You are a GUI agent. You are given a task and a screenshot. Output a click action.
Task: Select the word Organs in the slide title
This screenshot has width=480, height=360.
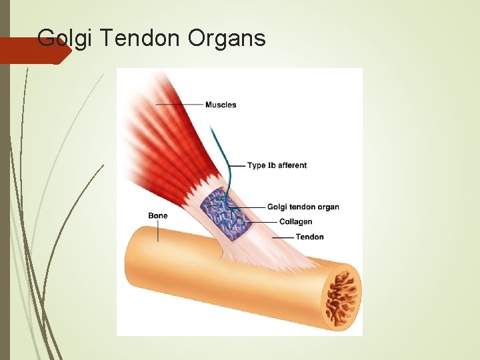pyautogui.click(x=227, y=39)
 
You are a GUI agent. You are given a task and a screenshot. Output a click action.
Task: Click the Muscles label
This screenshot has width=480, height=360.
pyautogui.click(x=221, y=105)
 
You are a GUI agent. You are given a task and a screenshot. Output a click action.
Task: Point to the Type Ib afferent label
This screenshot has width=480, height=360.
pyautogui.click(x=277, y=165)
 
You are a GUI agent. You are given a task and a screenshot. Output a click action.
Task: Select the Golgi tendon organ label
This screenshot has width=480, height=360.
pyautogui.click(x=303, y=207)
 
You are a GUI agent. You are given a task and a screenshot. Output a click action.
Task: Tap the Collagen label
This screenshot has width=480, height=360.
pyautogui.click(x=295, y=222)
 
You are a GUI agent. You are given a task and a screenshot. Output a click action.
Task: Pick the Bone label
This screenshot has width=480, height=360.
pyautogui.click(x=158, y=216)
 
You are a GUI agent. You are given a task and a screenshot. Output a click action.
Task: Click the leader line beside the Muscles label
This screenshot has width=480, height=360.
pyautogui.click(x=180, y=105)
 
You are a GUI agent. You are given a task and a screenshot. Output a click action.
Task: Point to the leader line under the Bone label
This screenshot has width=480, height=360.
pyautogui.click(x=158, y=231)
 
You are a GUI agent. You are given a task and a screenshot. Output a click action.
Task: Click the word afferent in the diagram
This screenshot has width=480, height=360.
pyautogui.click(x=293, y=165)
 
